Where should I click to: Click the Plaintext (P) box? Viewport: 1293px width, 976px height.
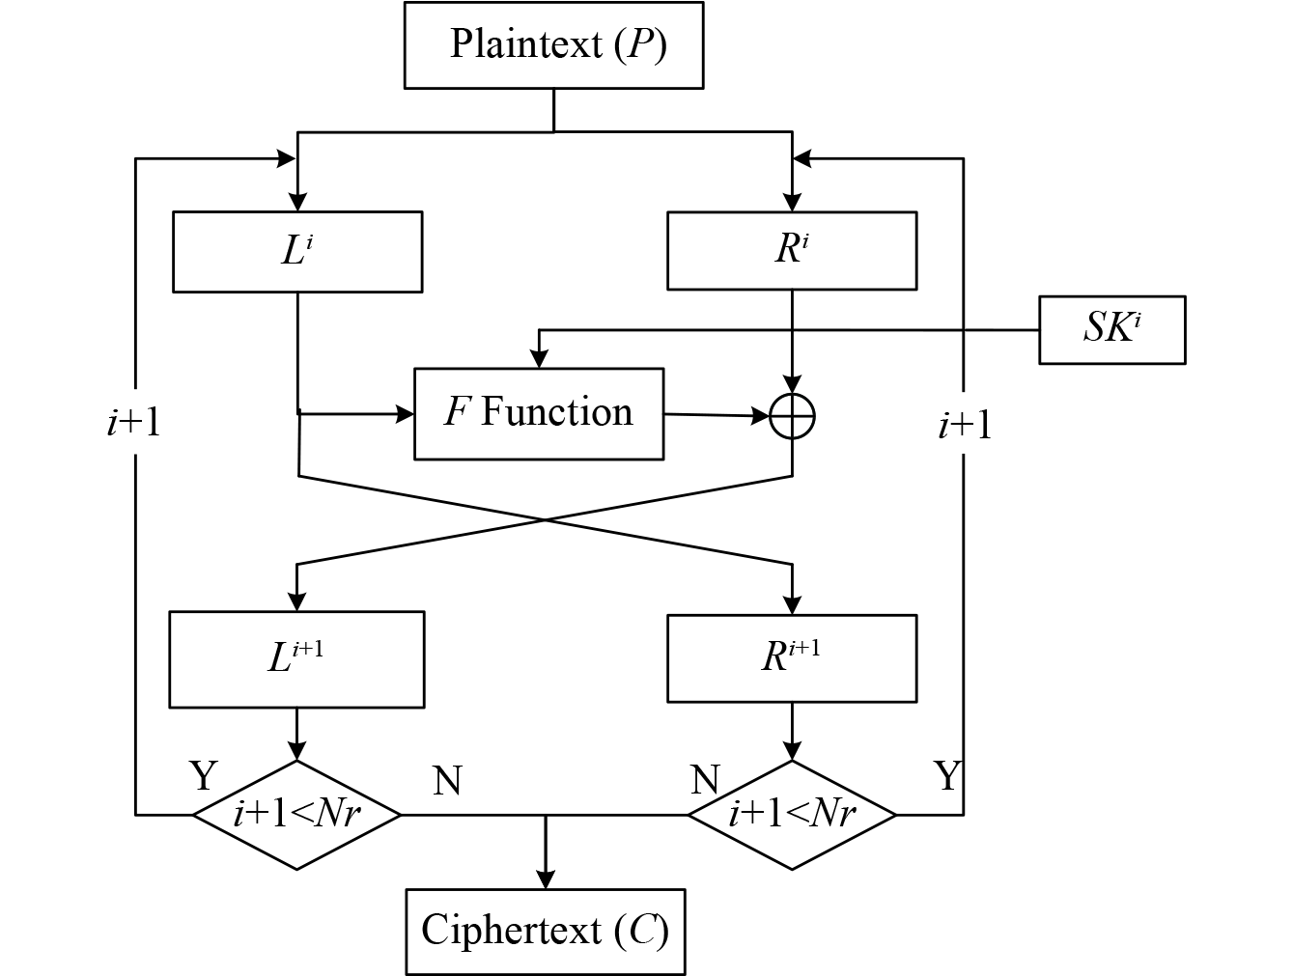(x=553, y=45)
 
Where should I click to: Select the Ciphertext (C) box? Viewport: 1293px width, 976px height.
(x=546, y=932)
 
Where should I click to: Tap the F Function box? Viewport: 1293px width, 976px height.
(x=539, y=413)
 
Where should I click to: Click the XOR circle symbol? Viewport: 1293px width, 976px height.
(x=793, y=417)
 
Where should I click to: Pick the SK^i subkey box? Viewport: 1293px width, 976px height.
(x=1111, y=329)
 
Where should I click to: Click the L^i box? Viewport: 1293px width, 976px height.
(x=297, y=251)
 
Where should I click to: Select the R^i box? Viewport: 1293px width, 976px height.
(x=792, y=250)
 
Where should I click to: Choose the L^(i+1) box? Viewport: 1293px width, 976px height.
(x=296, y=658)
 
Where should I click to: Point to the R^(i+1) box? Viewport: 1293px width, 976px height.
(x=792, y=656)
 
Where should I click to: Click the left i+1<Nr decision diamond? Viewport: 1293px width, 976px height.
(x=296, y=815)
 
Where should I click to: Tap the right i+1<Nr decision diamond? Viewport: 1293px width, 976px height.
(x=792, y=815)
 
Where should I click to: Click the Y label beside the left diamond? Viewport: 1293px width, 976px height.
(x=203, y=774)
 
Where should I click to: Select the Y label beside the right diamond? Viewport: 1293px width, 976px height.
(x=948, y=774)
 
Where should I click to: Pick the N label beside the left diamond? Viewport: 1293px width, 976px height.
(x=447, y=780)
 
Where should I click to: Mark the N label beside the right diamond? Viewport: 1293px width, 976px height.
(x=706, y=778)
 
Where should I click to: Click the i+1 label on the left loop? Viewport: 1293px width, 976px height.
(x=134, y=423)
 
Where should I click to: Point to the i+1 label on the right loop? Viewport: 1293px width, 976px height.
(x=965, y=425)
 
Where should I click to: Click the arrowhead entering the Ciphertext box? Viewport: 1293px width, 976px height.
(x=546, y=880)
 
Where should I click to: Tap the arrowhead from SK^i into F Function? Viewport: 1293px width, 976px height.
(x=539, y=360)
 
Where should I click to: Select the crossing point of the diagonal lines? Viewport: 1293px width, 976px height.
(x=546, y=520)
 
